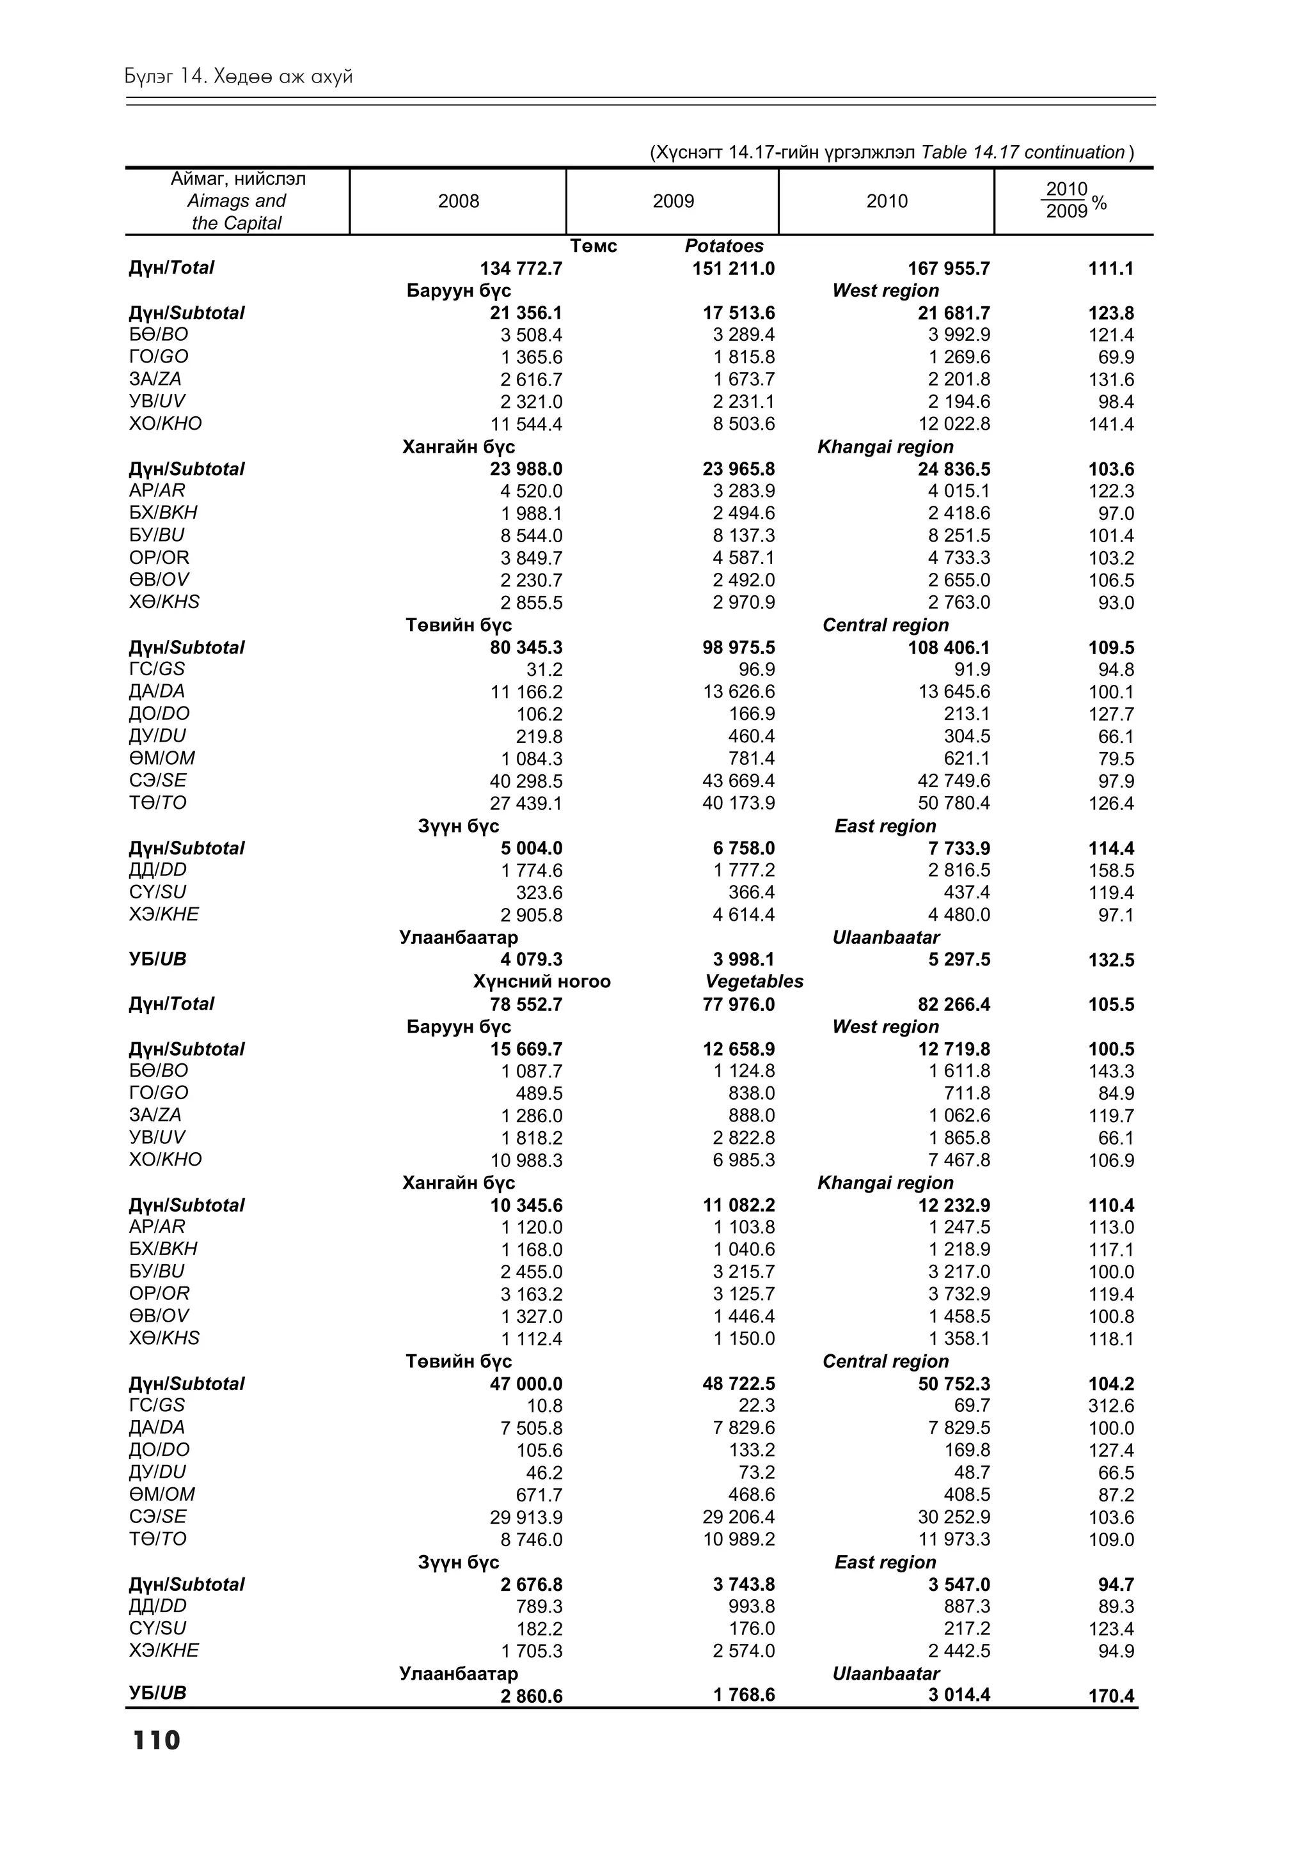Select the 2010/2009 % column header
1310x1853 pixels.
click(x=1075, y=201)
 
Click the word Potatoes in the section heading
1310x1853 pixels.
click(x=723, y=246)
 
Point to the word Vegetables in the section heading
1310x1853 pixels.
click(x=754, y=981)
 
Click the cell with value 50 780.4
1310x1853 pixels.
click(x=954, y=803)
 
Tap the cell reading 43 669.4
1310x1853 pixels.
click(x=739, y=781)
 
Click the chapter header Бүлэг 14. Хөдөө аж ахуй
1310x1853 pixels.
click(x=239, y=77)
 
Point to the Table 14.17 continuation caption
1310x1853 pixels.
click(x=891, y=153)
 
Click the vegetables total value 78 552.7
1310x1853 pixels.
click(x=521, y=1005)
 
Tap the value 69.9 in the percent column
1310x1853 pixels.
click(x=1116, y=357)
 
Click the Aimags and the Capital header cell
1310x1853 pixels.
click(x=237, y=201)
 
